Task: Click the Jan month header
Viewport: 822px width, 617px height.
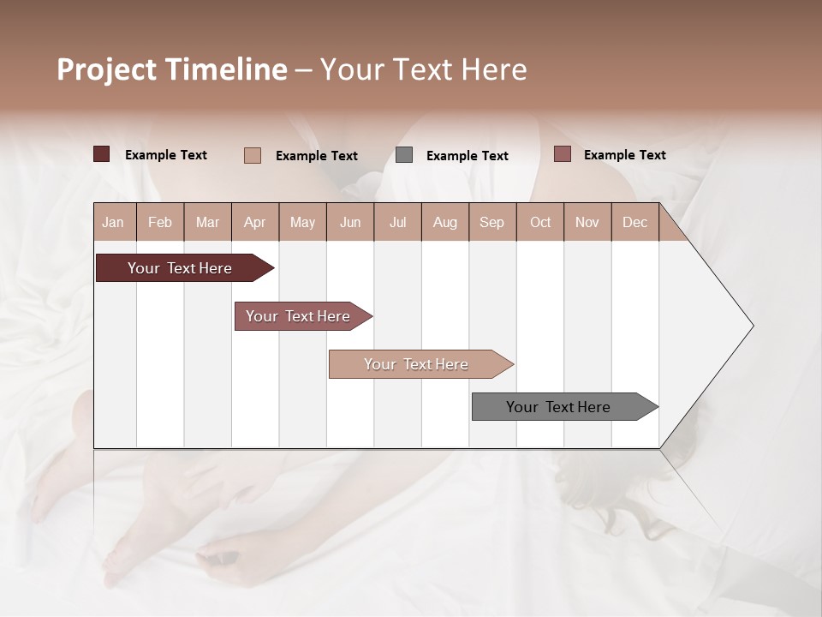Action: (114, 222)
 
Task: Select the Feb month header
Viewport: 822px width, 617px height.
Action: (160, 222)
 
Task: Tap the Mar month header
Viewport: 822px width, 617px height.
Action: (207, 222)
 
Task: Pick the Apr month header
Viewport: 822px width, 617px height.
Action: (255, 222)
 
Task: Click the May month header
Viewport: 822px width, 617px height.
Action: (302, 222)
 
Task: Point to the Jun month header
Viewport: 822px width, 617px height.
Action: (350, 222)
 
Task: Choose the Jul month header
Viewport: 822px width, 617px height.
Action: (397, 222)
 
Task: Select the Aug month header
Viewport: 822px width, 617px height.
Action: (445, 222)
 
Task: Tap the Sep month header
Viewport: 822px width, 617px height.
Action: (492, 222)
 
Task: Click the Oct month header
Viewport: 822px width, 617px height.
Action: (540, 222)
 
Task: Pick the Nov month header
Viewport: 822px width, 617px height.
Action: (587, 222)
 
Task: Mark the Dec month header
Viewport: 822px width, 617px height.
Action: (635, 222)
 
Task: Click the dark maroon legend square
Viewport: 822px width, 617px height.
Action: (102, 154)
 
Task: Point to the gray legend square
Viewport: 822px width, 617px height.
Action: (404, 155)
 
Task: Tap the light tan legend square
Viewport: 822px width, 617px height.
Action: (253, 155)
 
